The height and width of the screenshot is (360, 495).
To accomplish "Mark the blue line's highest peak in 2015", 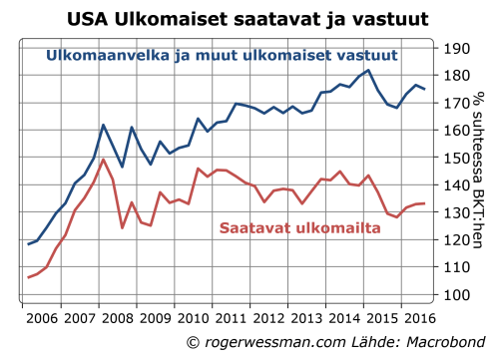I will tap(368, 70).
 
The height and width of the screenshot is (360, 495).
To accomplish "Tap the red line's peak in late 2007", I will tap(104, 159).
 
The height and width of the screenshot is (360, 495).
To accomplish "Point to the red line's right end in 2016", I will tap(425, 203).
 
